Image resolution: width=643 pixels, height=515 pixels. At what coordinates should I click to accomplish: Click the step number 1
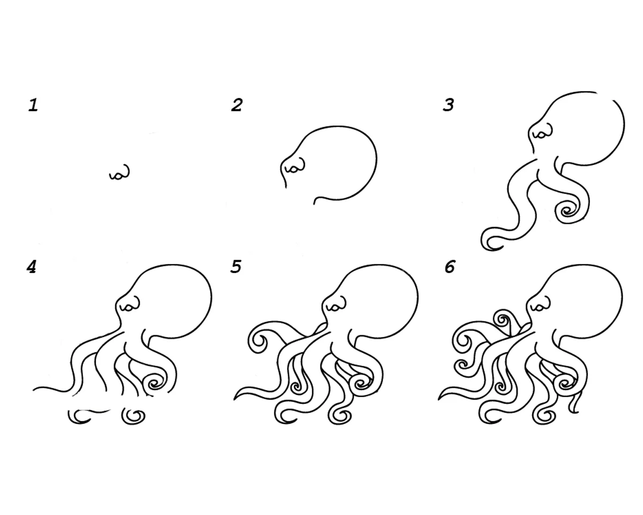pyautogui.click(x=33, y=105)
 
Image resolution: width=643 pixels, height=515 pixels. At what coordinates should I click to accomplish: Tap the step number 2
pyautogui.click(x=237, y=105)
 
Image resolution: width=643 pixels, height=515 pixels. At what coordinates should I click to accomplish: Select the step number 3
pyautogui.click(x=448, y=105)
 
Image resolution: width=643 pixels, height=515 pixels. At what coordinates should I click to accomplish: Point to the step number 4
pyautogui.click(x=32, y=267)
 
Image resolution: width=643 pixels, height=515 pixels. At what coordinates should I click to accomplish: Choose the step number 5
pyautogui.click(x=235, y=267)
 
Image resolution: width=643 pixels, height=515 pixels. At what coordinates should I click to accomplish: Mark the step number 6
pyautogui.click(x=450, y=267)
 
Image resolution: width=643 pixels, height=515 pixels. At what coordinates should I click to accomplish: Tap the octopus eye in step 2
pyautogui.click(x=295, y=166)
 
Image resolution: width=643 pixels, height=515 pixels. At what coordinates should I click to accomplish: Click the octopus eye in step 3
pyautogui.click(x=543, y=131)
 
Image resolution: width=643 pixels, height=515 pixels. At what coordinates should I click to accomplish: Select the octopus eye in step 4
pyautogui.click(x=130, y=304)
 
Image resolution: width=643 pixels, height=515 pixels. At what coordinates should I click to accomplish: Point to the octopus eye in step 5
pyautogui.click(x=336, y=304)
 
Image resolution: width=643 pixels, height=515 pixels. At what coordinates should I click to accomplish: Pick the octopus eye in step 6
pyautogui.click(x=540, y=304)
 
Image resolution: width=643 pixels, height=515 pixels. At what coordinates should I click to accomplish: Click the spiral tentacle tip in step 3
pyautogui.click(x=567, y=212)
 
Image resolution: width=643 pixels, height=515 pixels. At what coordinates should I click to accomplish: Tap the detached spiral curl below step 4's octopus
pyautogui.click(x=133, y=416)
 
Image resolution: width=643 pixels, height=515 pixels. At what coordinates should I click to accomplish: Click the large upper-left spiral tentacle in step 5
pyautogui.click(x=259, y=341)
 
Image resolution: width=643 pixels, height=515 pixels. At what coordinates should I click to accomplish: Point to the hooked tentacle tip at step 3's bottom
pyautogui.click(x=490, y=241)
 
